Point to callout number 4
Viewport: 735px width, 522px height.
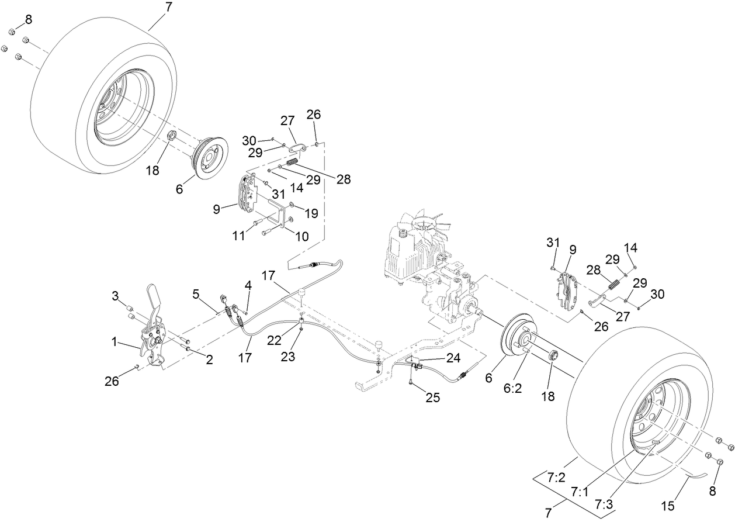pyautogui.click(x=248, y=286)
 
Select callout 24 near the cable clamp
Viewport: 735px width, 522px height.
pyautogui.click(x=453, y=357)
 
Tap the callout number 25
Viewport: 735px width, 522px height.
pyautogui.click(x=432, y=398)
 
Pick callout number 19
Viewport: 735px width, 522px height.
pyautogui.click(x=311, y=214)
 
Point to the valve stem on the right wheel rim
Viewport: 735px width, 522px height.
pyautogui.click(x=656, y=443)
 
